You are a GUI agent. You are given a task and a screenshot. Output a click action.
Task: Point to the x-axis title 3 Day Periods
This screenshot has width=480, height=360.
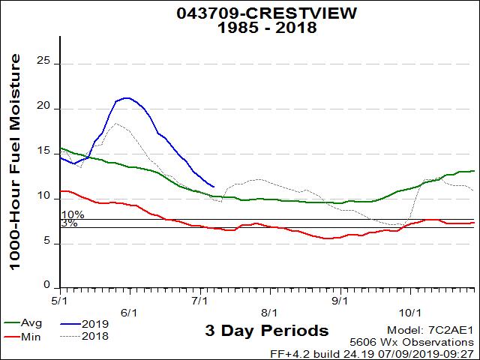pyautogui.click(x=266, y=331)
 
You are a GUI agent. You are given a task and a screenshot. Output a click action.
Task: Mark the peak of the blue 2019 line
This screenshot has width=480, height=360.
pyautogui.click(x=127, y=97)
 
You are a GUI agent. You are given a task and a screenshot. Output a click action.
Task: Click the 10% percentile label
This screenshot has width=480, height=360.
pyautogui.click(x=73, y=215)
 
